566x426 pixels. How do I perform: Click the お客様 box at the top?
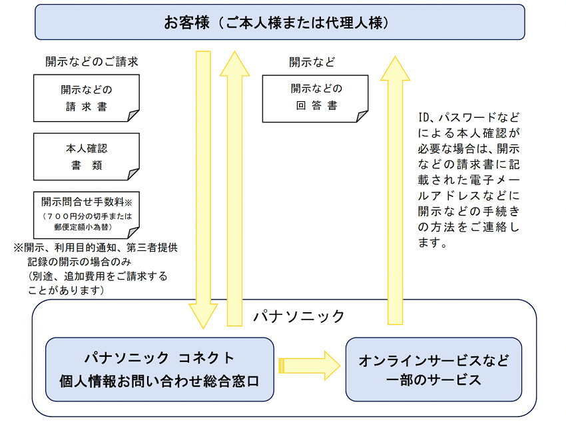click(280, 22)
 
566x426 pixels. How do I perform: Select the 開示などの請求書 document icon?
click(86, 98)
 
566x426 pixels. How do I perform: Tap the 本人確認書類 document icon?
click(86, 157)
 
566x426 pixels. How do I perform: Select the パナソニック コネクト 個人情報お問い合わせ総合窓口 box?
click(159, 369)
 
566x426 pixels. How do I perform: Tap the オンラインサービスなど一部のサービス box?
click(433, 369)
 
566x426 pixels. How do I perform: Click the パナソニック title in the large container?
click(299, 316)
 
